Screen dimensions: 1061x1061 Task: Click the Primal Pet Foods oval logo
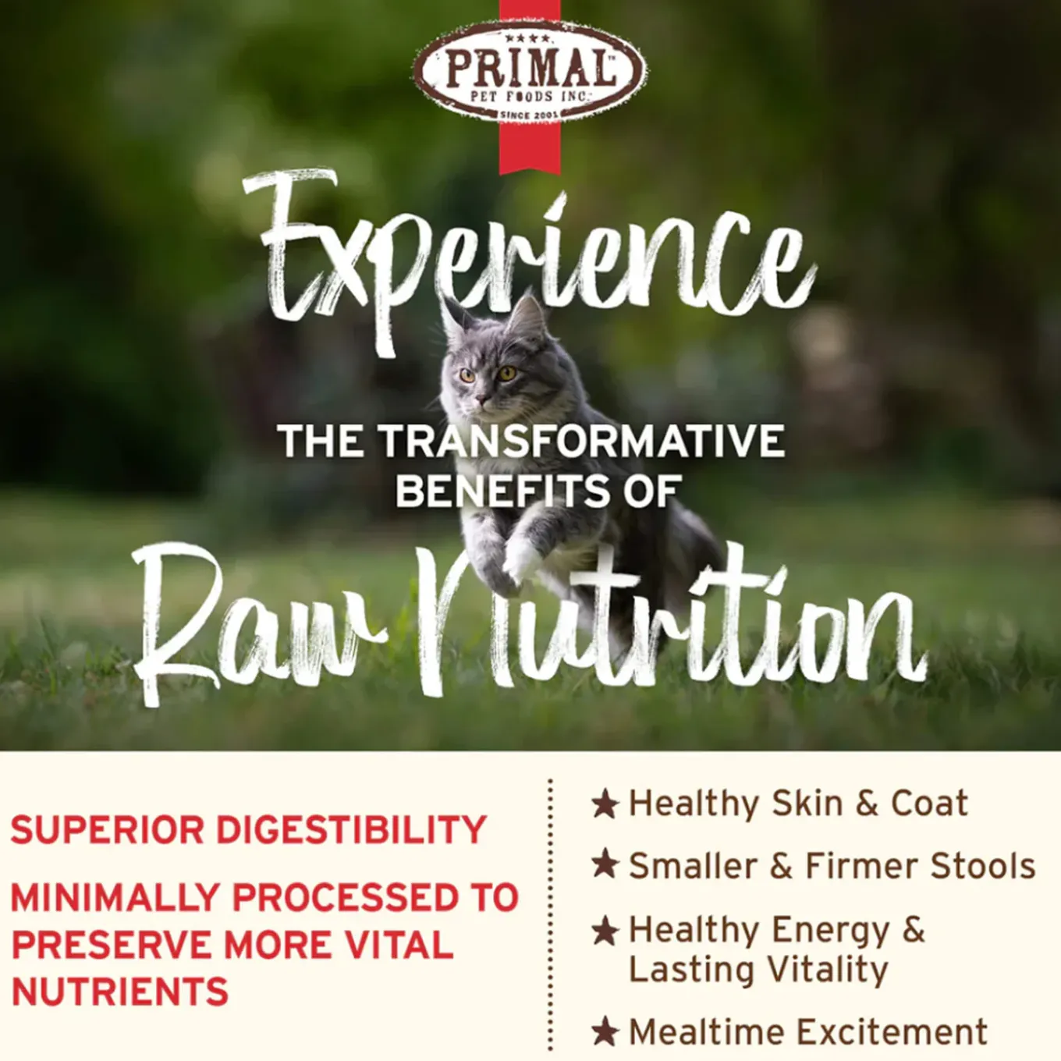530,72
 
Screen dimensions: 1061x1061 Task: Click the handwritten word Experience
529,259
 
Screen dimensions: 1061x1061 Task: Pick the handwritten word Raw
259,625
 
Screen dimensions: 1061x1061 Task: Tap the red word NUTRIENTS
119,991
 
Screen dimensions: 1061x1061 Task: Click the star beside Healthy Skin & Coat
605,804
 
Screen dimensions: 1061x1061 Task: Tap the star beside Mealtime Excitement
605,1031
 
